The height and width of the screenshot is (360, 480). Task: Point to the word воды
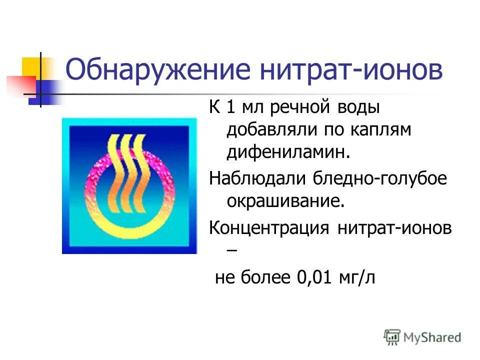pos(359,107)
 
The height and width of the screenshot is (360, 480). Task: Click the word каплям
pos(384,130)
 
